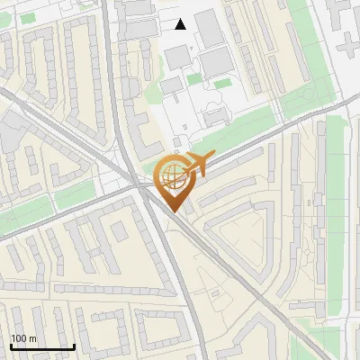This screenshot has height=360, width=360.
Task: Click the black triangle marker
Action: coord(181,24)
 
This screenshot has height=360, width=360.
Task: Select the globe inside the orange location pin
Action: coord(173,175)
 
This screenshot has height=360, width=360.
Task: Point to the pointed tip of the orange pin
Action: coord(174,212)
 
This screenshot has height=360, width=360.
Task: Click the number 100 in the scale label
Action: coord(19,338)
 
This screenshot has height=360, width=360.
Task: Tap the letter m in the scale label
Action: coord(33,338)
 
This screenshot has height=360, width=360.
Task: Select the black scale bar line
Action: coord(42,347)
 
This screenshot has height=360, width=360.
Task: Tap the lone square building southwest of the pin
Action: coord(119,230)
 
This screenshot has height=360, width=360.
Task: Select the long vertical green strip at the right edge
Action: coord(335,216)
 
